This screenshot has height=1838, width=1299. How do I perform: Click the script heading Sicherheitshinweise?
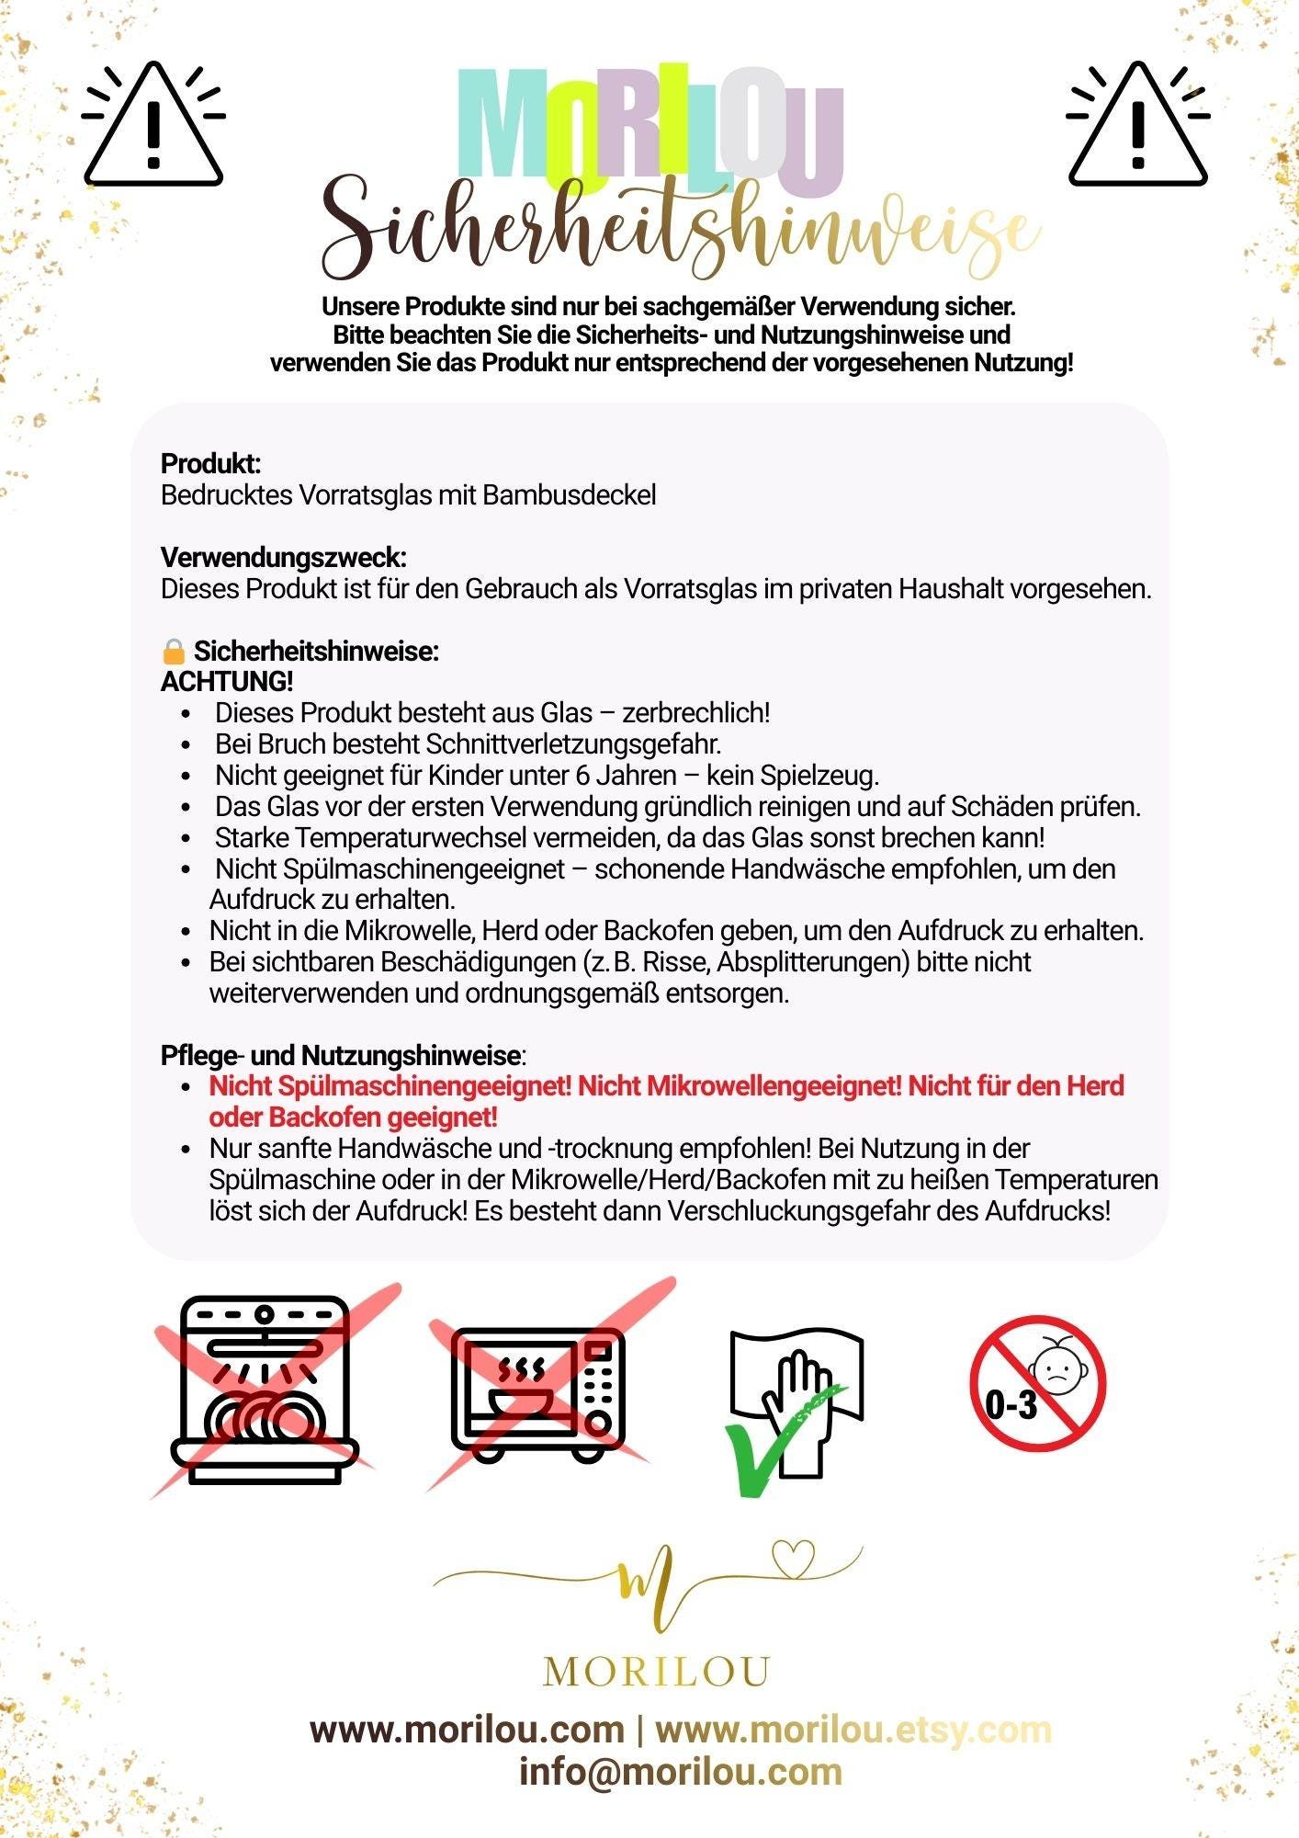coord(680,230)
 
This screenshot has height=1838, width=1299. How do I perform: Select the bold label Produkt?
coord(210,463)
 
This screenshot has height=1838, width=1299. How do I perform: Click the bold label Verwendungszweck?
coord(283,557)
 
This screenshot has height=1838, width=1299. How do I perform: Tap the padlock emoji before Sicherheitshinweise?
coord(173,652)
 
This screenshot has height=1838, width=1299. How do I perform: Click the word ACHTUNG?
coord(227,682)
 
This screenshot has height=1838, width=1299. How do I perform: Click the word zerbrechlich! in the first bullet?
coord(695,712)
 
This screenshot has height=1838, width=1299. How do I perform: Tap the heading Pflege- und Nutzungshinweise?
coord(341,1055)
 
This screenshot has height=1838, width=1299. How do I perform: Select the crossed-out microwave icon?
coord(538,1390)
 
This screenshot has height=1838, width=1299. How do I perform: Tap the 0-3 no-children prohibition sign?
coord(1037,1384)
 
